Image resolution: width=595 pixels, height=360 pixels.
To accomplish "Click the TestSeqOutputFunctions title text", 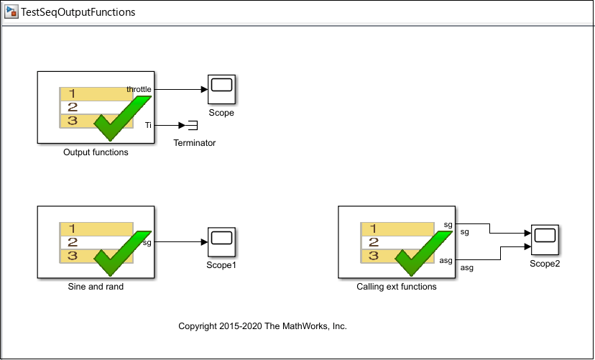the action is [78, 12].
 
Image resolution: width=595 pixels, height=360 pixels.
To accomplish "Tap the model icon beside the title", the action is [11, 12].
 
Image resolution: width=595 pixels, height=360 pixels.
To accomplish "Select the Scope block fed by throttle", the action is [221, 89].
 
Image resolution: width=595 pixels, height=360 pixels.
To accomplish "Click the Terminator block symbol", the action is [193, 125].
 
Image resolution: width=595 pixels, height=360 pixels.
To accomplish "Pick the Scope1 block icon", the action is [221, 242].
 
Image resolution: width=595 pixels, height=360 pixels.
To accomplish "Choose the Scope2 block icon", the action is [545, 240].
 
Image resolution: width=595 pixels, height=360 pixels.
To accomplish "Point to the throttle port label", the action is [139, 90].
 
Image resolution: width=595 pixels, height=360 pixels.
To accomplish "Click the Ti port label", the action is [148, 125].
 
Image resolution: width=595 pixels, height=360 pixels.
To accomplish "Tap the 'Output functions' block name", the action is [96, 152].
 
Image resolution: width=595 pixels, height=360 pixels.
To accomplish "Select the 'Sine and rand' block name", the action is [96, 287].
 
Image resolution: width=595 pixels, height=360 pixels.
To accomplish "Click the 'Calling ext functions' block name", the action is [397, 287].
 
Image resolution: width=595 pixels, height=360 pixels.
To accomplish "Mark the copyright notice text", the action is [262, 326].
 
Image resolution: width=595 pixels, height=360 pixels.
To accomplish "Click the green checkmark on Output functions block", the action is [123, 118].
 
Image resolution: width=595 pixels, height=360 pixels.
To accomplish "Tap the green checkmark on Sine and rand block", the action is [123, 253].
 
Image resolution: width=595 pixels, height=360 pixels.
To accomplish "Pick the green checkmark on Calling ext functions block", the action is [423, 253].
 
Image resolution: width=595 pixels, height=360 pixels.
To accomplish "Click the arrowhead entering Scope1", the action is [205, 242].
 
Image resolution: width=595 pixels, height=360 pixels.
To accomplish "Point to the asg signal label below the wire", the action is [467, 268].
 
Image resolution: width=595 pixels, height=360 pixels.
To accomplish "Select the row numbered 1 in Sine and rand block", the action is [96, 229].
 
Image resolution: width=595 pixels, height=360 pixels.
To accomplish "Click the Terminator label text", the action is [195, 143].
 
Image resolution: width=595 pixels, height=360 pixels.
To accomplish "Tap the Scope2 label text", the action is [545, 264].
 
